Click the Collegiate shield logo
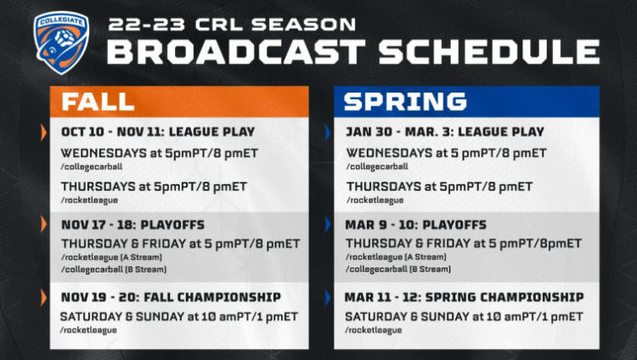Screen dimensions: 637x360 point(61,42)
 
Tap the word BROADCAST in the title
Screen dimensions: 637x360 point(236,52)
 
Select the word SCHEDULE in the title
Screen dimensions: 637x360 point(489,52)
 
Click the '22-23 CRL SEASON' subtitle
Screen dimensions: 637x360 point(232,25)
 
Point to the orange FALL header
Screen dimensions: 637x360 point(179,102)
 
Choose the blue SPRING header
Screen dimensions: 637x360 point(466,102)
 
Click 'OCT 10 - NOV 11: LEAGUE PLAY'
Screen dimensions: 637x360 point(158,132)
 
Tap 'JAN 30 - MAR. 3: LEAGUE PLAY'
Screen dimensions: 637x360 point(445,132)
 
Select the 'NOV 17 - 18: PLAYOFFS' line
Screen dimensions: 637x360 point(132,225)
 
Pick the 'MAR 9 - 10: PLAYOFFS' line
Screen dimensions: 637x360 point(415,225)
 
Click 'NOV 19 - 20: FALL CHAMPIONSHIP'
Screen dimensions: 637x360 point(171,297)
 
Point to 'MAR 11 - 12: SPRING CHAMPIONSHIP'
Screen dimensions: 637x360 point(464,297)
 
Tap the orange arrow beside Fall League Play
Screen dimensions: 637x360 point(43,132)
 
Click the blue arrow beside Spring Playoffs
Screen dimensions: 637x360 point(328,224)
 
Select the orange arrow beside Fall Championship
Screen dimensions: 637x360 point(43,298)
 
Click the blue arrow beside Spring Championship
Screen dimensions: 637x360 point(328,298)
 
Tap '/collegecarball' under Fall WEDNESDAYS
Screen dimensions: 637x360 point(92,166)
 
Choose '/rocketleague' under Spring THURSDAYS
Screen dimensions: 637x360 point(375,200)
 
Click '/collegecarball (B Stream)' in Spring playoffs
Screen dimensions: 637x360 point(398,269)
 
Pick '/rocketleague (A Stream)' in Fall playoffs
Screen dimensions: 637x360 point(111,257)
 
